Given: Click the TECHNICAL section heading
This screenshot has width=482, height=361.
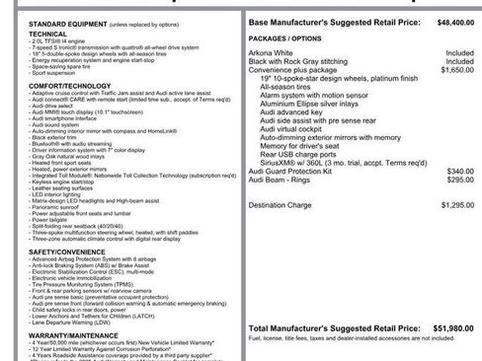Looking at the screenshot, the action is pos(21,32).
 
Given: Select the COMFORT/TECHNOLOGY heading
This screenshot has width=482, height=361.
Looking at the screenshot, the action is pos(39,86).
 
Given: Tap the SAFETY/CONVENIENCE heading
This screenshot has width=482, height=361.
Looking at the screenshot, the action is pos(40,252).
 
